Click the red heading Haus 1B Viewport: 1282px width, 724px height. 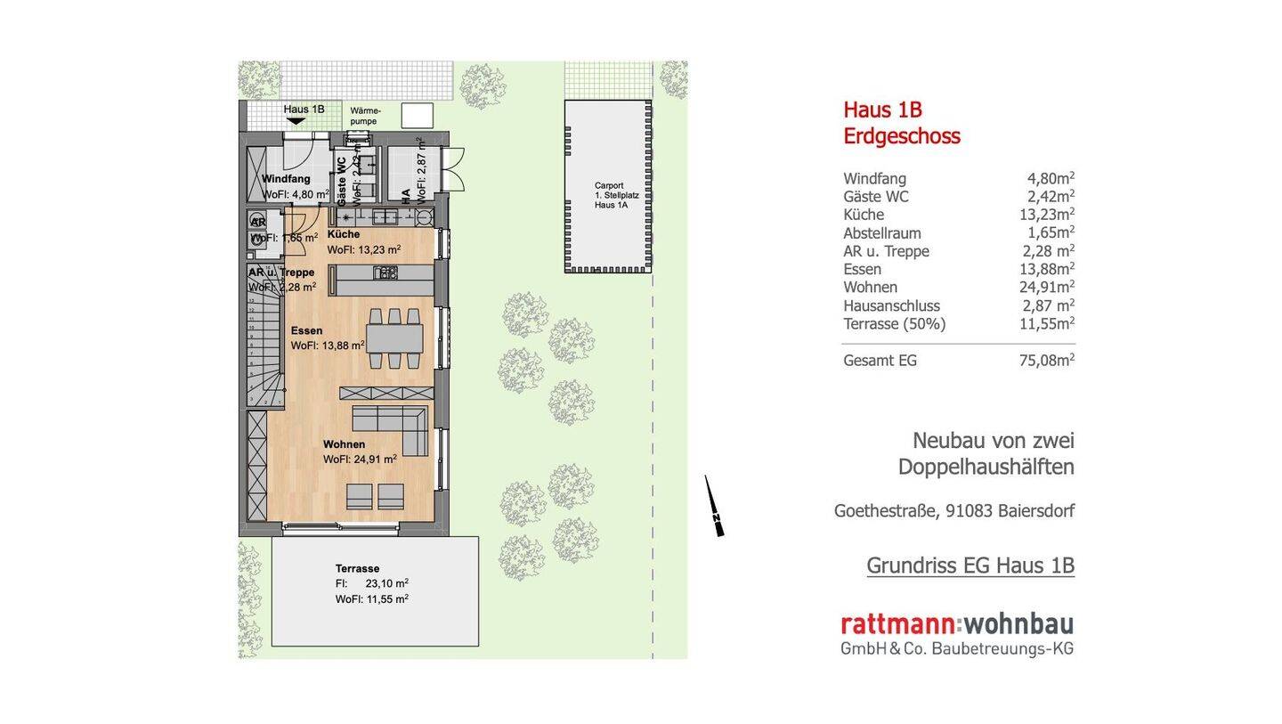click(882, 110)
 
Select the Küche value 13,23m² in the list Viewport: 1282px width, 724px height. click(1046, 215)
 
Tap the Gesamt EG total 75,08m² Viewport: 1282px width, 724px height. click(1046, 361)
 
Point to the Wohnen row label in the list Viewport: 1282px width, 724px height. click(870, 288)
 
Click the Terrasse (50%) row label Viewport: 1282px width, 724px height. click(894, 324)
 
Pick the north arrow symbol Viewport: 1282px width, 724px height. click(714, 507)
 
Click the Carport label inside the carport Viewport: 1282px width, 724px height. click(609, 186)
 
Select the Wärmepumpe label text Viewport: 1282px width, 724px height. click(365, 116)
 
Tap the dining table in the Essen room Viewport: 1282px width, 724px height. click(394, 338)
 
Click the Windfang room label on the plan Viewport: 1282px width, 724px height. click(286, 179)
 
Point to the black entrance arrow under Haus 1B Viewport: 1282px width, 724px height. click(296, 121)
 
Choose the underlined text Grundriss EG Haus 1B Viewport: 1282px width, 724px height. click(970, 565)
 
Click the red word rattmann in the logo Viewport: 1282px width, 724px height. click(897, 624)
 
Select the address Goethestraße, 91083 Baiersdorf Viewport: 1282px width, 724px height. click(953, 511)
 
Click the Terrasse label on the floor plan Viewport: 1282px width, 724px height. click(357, 568)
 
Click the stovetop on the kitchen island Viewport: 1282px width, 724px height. click(386, 273)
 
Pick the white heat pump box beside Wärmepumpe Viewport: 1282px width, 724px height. click(417, 115)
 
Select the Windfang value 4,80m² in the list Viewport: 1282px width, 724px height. click(1051, 178)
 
